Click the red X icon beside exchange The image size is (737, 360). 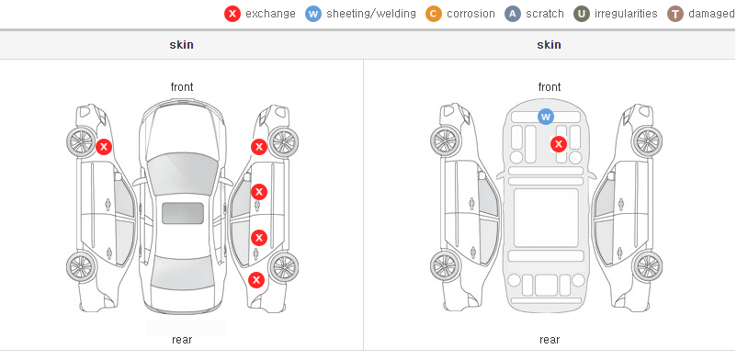pyautogui.click(x=232, y=14)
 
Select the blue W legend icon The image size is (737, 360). pyautogui.click(x=313, y=14)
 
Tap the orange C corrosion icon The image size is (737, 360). pyautogui.click(x=434, y=14)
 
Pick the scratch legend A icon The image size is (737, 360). pyautogui.click(x=513, y=14)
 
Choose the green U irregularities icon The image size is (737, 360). pyautogui.click(x=582, y=14)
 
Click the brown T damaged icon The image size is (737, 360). pyautogui.click(x=675, y=14)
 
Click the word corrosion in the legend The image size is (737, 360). pyautogui.click(x=471, y=14)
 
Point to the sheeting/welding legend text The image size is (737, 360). pyautogui.click(x=371, y=14)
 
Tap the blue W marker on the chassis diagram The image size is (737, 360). pyautogui.click(x=545, y=116)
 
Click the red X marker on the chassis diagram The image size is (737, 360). pyautogui.click(x=559, y=144)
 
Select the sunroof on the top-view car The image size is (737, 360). pyautogui.click(x=183, y=213)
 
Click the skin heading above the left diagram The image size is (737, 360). pyautogui.click(x=181, y=45)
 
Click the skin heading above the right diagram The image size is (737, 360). pyautogui.click(x=549, y=45)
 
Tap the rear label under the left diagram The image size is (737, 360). pyautogui.click(x=182, y=339)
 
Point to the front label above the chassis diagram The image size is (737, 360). pyautogui.click(x=550, y=87)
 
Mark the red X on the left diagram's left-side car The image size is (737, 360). pyautogui.click(x=104, y=147)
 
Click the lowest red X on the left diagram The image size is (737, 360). pyautogui.click(x=256, y=281)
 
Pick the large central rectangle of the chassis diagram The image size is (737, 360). pyautogui.click(x=546, y=218)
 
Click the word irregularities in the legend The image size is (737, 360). pyautogui.click(x=626, y=14)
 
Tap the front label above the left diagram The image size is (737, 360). pyautogui.click(x=182, y=87)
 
